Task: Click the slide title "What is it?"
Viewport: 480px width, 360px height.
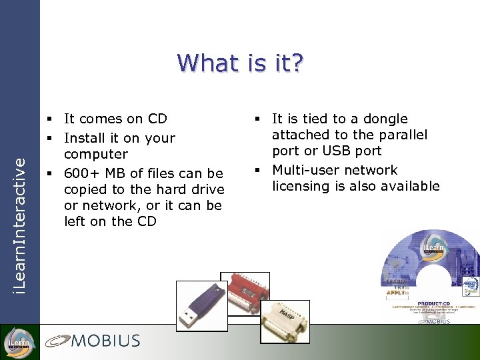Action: [240, 63]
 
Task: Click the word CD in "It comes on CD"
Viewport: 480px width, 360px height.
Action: [157, 119]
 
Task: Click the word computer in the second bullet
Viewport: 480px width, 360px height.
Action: [95, 155]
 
